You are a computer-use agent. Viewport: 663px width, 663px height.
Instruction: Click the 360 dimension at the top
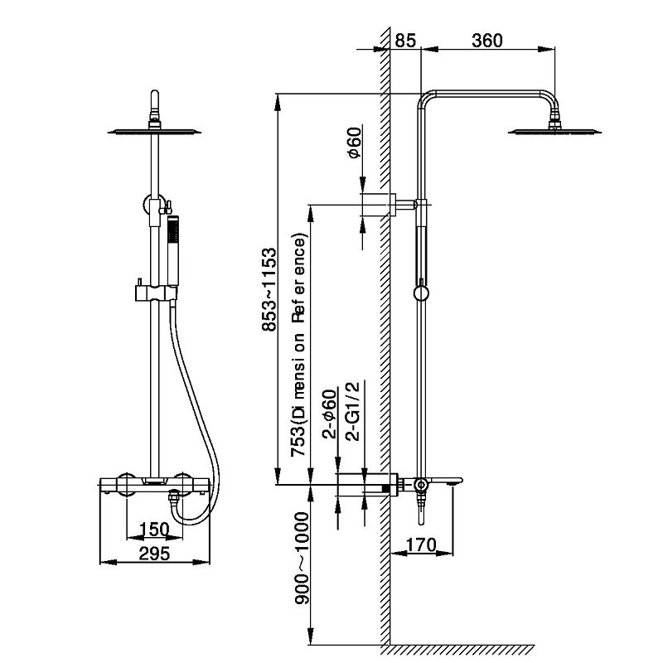point(487,41)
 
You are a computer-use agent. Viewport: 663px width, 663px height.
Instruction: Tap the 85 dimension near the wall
point(406,41)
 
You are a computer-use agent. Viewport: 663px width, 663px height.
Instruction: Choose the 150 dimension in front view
point(153,529)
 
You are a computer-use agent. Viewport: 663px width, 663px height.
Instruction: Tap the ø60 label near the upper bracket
point(354,143)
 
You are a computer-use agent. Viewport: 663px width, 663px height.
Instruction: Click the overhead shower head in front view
point(154,130)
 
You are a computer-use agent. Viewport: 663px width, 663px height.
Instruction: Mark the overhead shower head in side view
point(554,130)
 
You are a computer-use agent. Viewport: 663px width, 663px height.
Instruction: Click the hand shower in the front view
point(172,249)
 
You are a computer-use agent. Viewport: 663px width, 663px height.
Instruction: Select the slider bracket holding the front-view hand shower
point(154,293)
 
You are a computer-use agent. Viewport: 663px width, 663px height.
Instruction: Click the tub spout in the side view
point(443,482)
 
